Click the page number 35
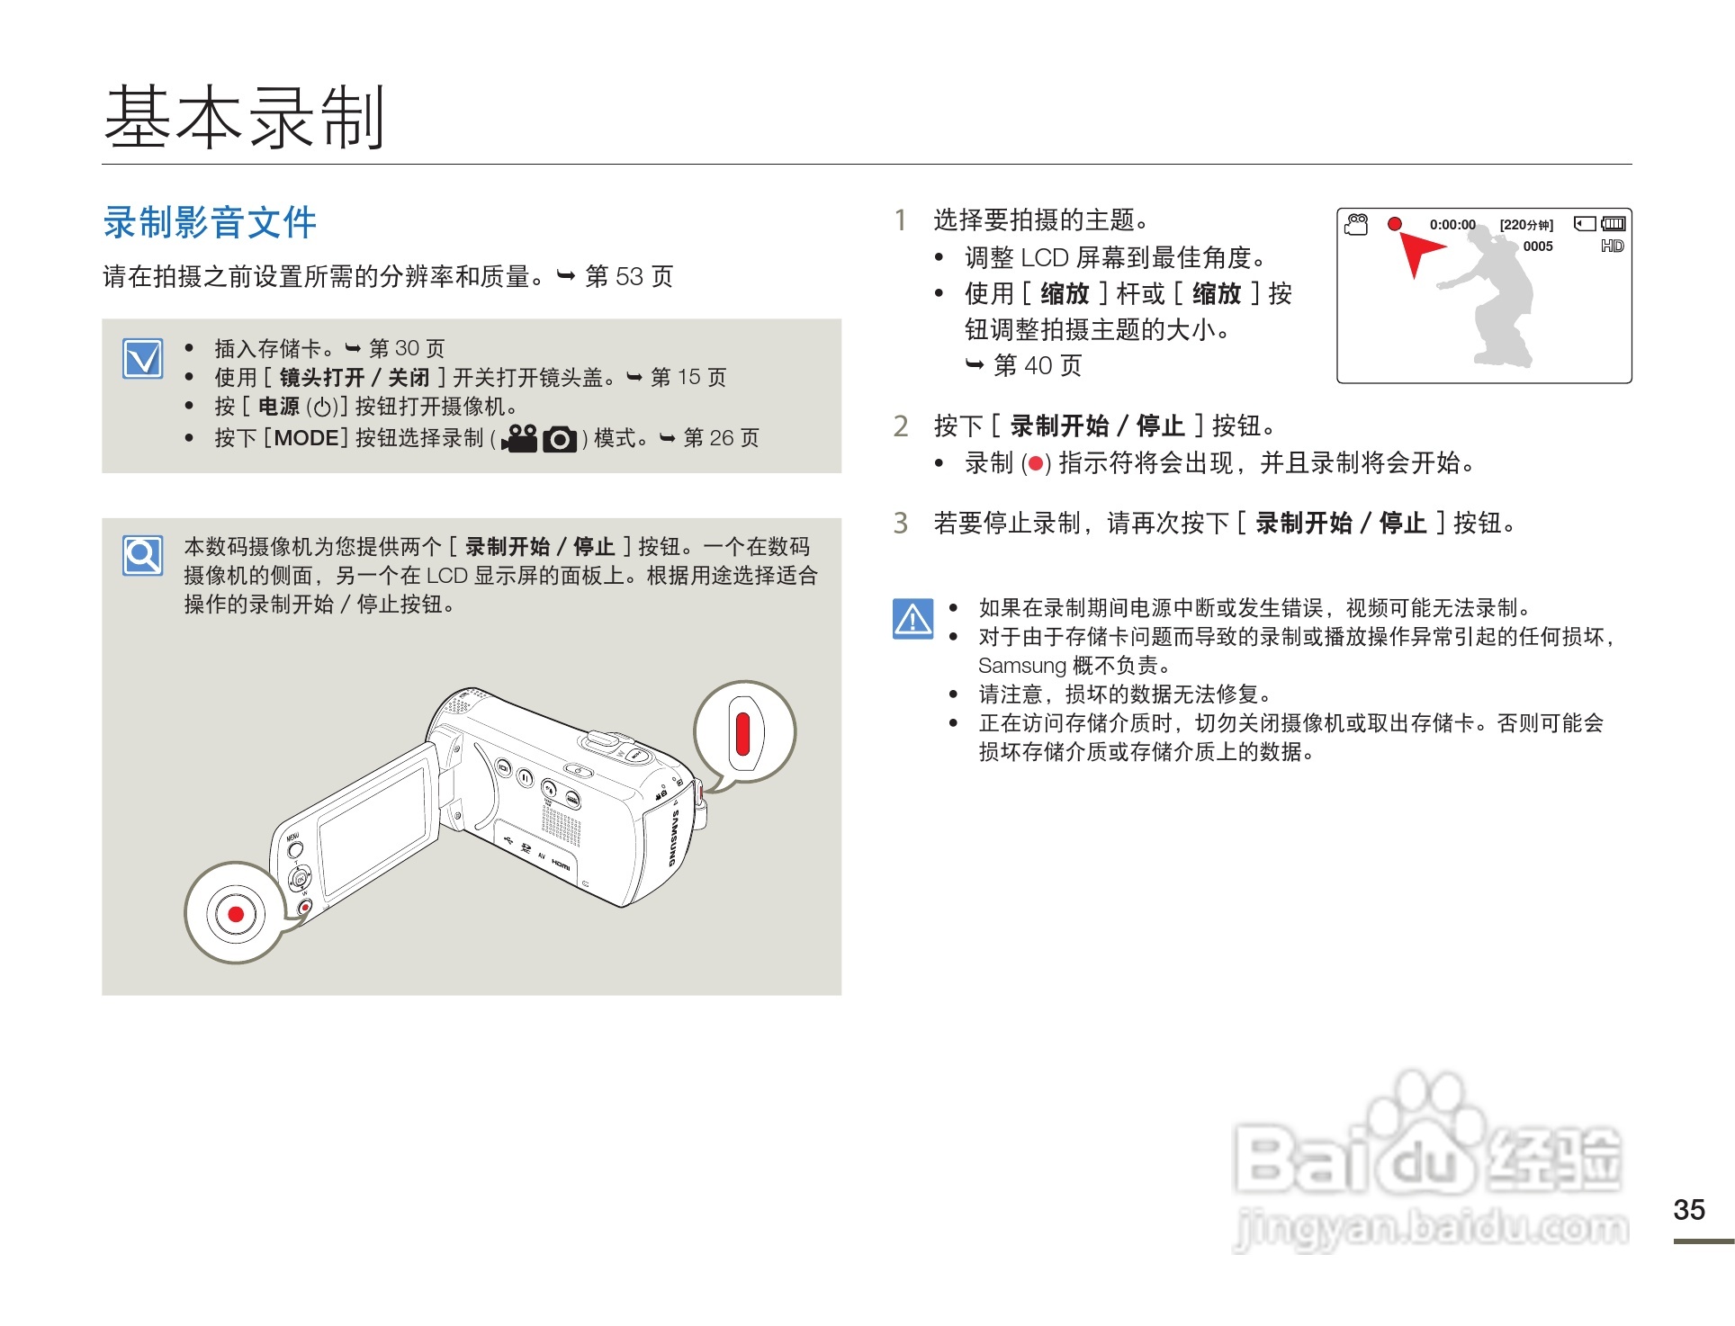click(x=1688, y=1209)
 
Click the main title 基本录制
click(x=245, y=117)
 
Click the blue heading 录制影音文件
click(x=210, y=222)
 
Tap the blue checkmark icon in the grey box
click(x=143, y=359)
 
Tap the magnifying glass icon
click(x=143, y=555)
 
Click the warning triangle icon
click(x=912, y=619)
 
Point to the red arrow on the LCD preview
click(x=1418, y=254)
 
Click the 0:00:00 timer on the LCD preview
click(x=1452, y=225)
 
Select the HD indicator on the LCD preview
click(x=1612, y=246)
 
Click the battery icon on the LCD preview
click(x=1614, y=223)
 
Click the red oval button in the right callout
click(x=742, y=733)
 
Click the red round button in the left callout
click(x=236, y=914)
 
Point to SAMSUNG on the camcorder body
click(x=672, y=838)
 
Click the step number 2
click(x=900, y=426)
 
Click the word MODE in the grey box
click(x=306, y=438)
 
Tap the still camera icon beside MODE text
click(x=560, y=439)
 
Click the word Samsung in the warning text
click(x=1021, y=666)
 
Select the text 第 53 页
click(x=628, y=276)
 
